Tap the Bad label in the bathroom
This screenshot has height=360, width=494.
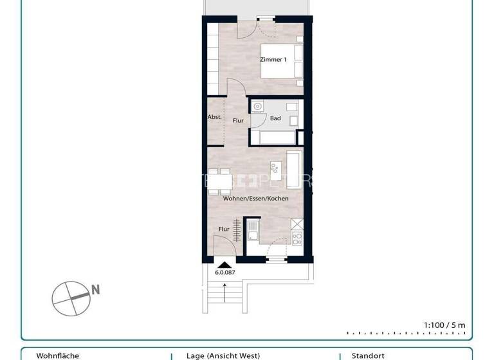(x=275, y=118)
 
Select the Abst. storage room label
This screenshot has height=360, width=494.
(x=215, y=117)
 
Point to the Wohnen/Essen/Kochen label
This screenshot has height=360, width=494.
(x=255, y=199)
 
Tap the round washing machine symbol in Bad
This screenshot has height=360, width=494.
(x=258, y=106)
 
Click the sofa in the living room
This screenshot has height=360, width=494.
(x=294, y=170)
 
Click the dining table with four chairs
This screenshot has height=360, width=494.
(x=219, y=181)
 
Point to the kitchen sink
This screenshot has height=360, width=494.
(x=253, y=230)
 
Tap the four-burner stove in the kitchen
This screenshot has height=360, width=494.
(x=297, y=239)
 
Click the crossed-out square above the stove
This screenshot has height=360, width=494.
(x=297, y=224)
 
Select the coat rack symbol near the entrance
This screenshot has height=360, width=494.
(x=237, y=230)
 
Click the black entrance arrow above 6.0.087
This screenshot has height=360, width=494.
(x=224, y=264)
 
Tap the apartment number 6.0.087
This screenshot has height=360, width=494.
(x=225, y=273)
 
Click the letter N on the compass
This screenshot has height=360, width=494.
(x=95, y=290)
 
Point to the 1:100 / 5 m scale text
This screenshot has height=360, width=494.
(x=444, y=325)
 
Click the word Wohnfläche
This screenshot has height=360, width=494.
(x=58, y=355)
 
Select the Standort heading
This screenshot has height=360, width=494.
(x=368, y=355)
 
